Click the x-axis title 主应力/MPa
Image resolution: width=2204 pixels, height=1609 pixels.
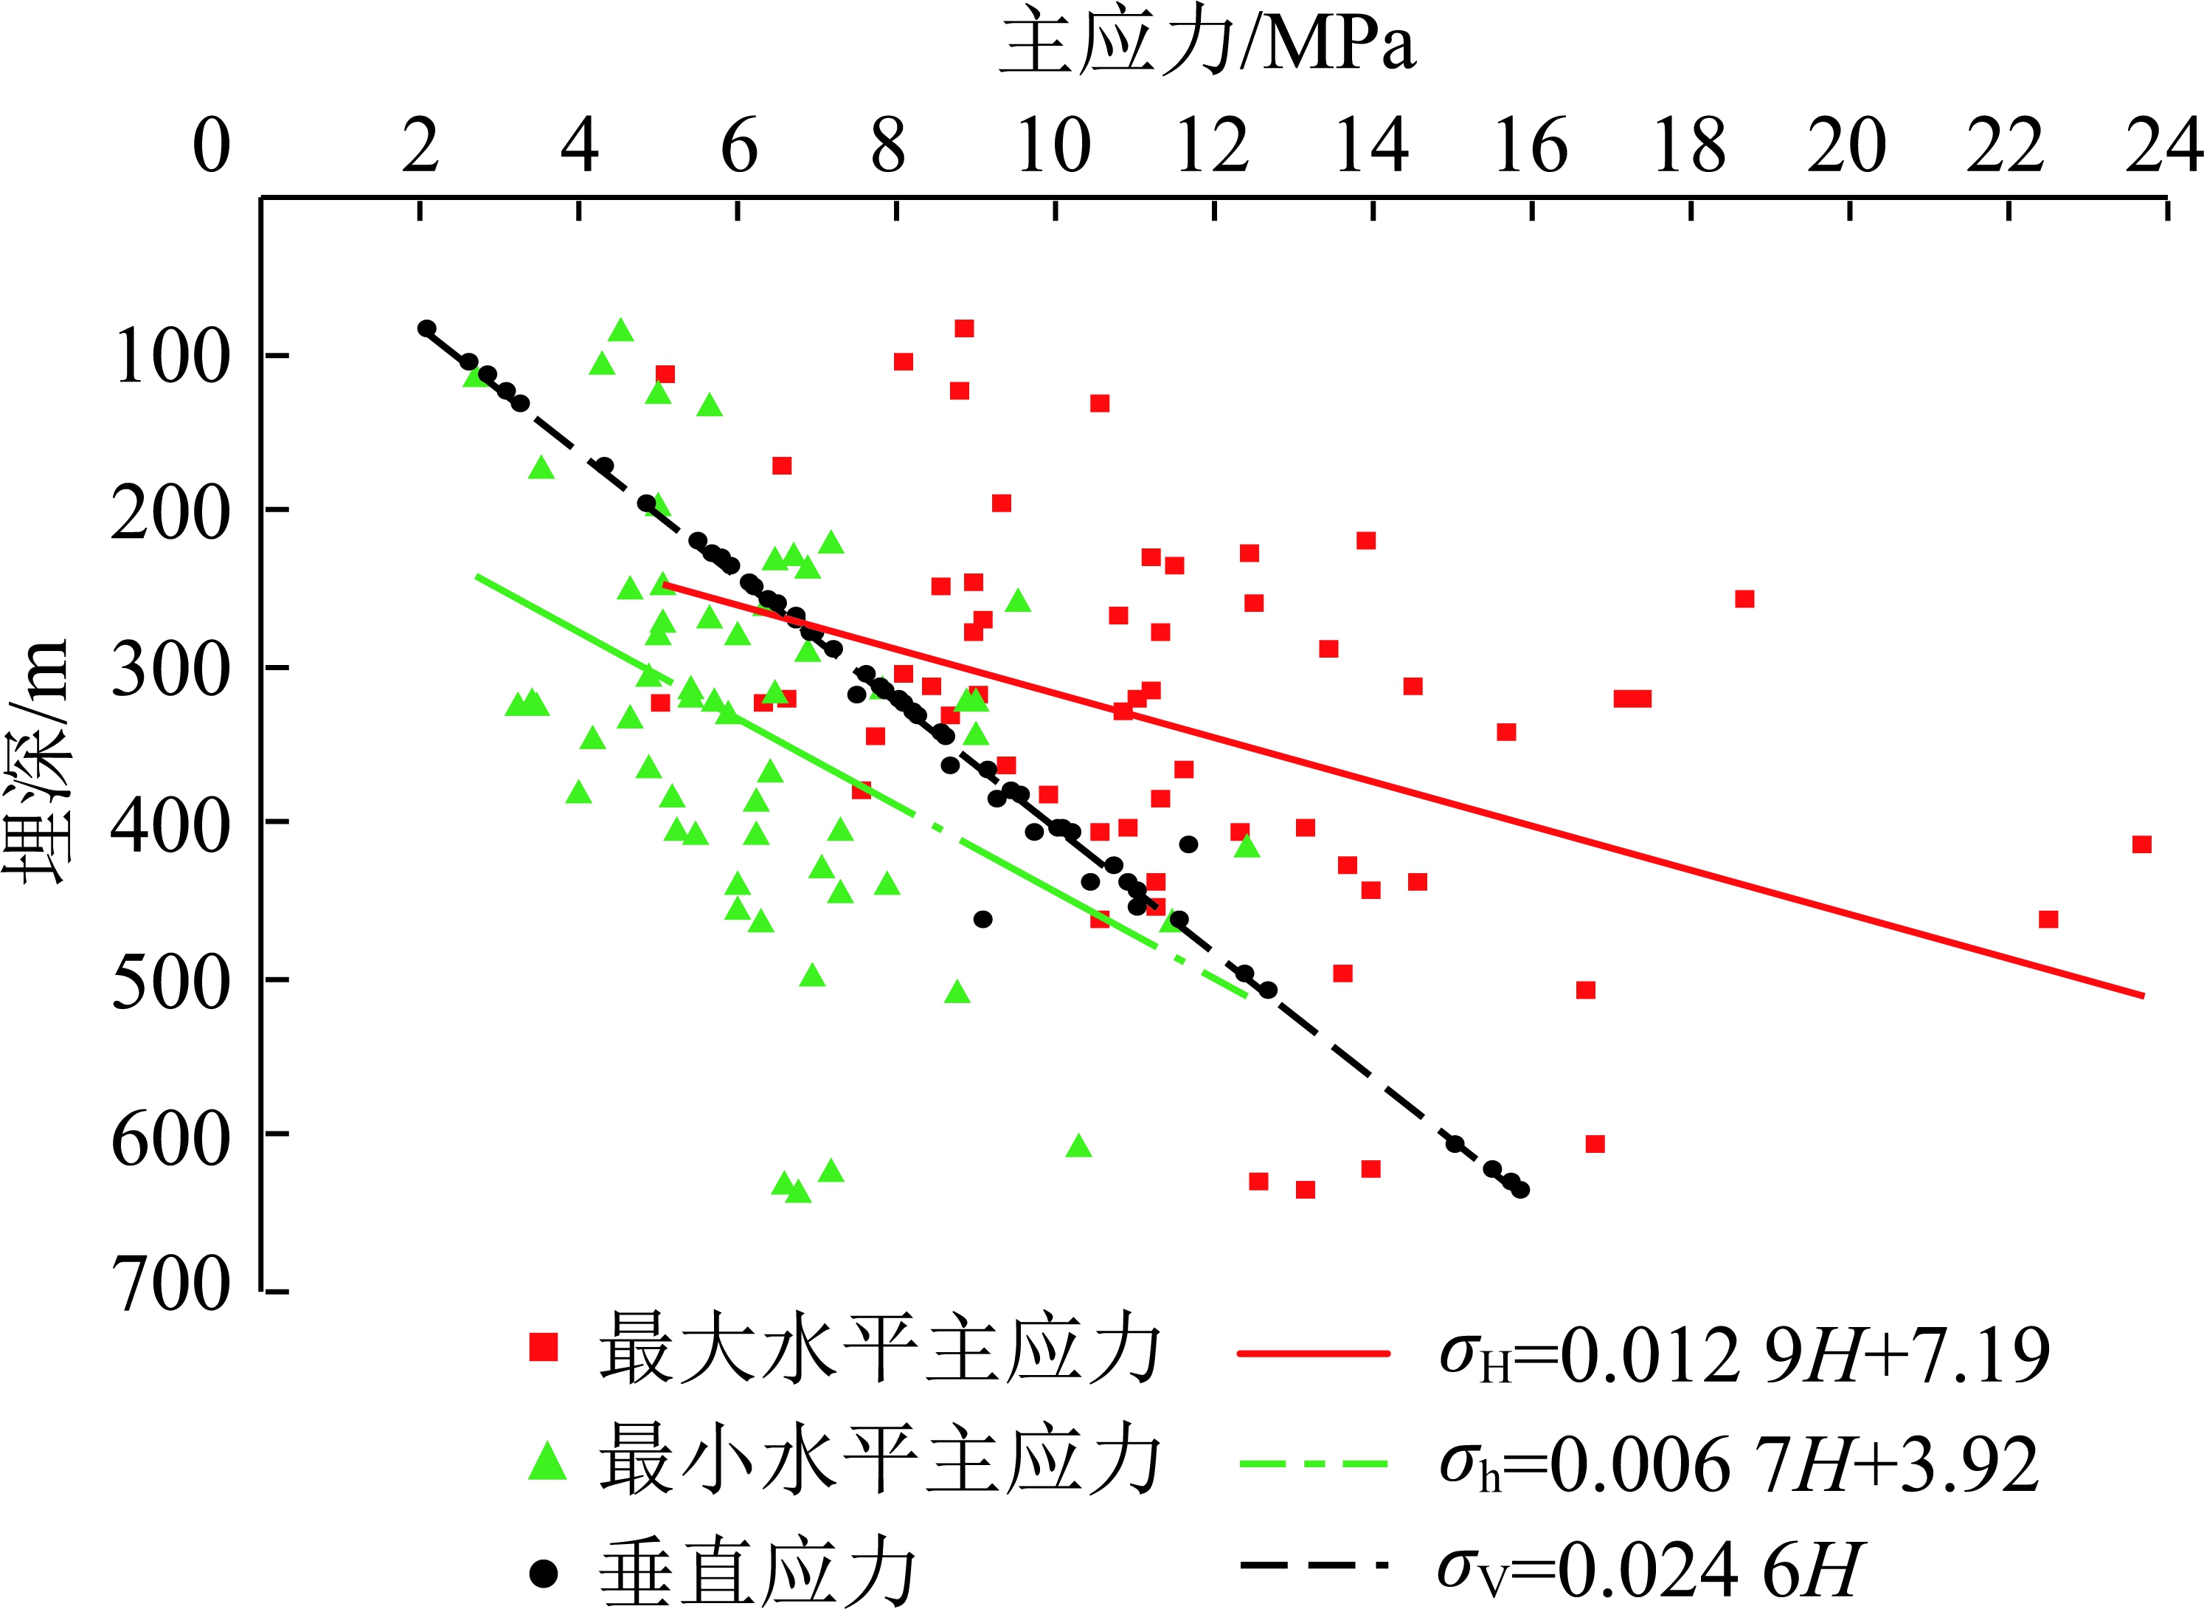pyautogui.click(x=1207, y=44)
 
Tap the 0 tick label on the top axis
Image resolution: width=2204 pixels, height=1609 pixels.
pyautogui.click(x=211, y=146)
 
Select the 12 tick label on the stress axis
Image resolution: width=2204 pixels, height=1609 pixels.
pyautogui.click(x=1212, y=146)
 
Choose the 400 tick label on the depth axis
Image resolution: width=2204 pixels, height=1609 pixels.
pyautogui.click(x=171, y=824)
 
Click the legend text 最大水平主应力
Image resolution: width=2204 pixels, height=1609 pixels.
pyautogui.click(x=879, y=1350)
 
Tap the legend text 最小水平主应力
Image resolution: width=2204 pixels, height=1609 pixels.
pyautogui.click(x=879, y=1459)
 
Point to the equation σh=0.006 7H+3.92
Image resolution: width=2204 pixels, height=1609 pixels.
pyautogui.click(x=1739, y=1464)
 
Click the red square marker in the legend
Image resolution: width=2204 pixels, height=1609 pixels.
pyautogui.click(x=543, y=1347)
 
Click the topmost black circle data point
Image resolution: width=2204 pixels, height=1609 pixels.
pyautogui.click(x=426, y=328)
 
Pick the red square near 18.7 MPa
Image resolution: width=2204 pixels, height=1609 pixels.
pyautogui.click(x=1744, y=599)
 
